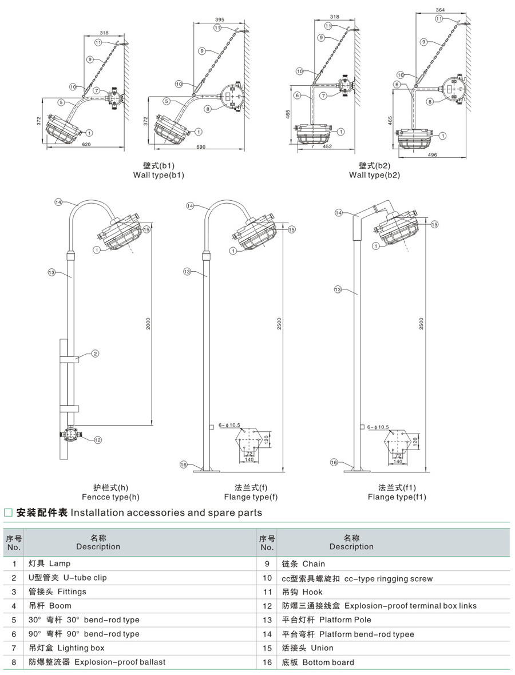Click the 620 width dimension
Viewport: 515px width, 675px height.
point(86,145)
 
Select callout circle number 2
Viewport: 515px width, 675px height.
point(96,354)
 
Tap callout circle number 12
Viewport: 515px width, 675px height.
point(97,440)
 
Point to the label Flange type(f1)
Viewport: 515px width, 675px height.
point(397,497)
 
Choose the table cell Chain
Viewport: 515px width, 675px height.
point(314,564)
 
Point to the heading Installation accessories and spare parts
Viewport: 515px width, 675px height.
point(166,513)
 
